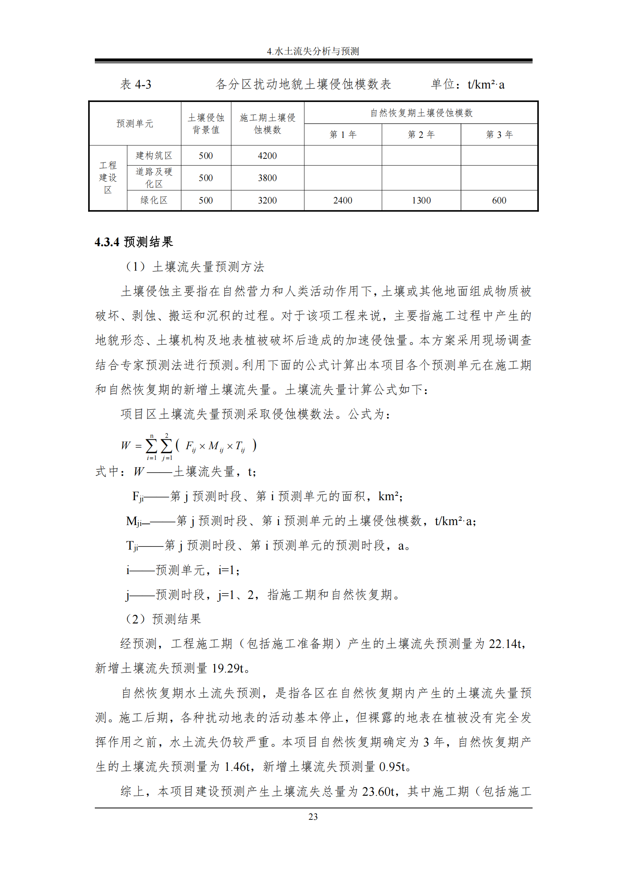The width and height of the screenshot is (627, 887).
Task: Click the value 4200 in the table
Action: point(267,156)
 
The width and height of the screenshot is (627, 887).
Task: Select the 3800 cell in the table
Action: point(267,178)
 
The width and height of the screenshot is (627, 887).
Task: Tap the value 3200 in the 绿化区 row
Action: point(267,200)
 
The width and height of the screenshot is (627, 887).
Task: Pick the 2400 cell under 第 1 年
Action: point(343,200)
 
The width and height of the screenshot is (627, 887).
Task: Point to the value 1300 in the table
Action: point(421,200)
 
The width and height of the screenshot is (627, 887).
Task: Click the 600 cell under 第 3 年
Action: point(499,200)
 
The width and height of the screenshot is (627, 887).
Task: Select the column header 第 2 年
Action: point(421,135)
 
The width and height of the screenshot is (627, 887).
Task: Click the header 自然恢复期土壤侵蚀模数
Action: point(421,113)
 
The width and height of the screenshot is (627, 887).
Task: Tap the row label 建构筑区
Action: point(154,156)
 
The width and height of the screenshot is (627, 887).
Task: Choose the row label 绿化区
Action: point(154,200)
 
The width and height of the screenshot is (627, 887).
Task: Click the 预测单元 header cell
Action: point(135,124)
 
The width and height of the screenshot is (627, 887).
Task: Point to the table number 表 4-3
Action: point(136,85)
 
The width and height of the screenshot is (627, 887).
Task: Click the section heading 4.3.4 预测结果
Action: point(134,242)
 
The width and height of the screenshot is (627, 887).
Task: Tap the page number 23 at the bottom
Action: point(313,817)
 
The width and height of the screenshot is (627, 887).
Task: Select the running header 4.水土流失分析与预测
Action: point(313,51)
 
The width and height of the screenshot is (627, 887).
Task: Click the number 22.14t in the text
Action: point(506,644)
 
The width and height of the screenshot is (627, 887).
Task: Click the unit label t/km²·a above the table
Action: point(486,85)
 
